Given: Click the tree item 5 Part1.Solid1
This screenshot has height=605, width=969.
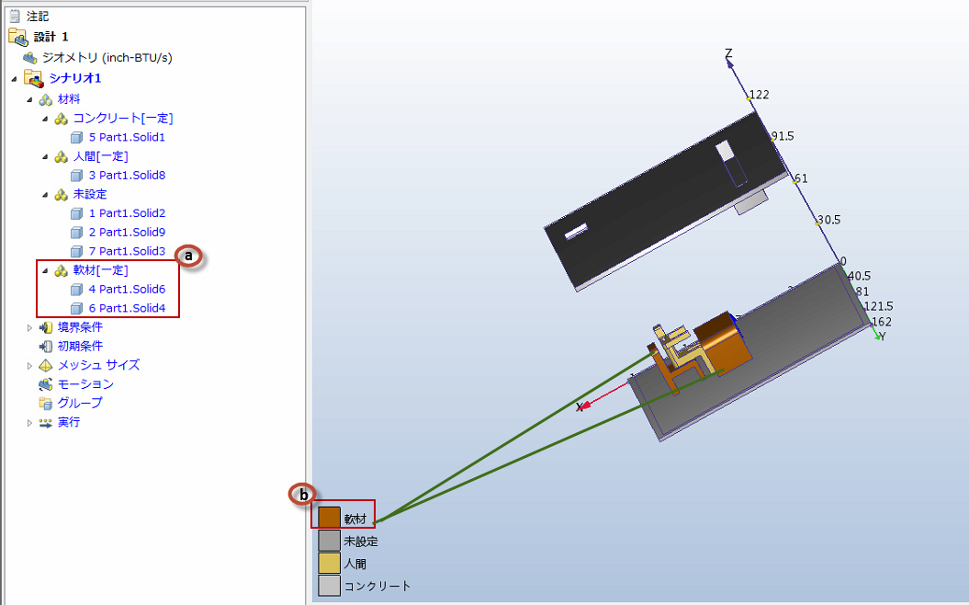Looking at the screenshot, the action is (127, 137).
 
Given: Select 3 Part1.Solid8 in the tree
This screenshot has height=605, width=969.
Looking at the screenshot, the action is (127, 175).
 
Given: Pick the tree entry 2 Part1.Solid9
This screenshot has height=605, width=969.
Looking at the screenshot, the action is (127, 232).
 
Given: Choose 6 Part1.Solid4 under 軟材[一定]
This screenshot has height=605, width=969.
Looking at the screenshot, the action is (127, 308).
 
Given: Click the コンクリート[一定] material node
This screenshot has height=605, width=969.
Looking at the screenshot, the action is (123, 119).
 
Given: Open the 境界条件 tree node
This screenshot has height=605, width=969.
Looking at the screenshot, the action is (80, 327).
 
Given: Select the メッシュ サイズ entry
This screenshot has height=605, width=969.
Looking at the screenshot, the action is (98, 365).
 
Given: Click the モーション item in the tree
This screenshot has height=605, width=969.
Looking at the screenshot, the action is (85, 384).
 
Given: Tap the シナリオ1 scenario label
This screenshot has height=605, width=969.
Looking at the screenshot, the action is (74, 78).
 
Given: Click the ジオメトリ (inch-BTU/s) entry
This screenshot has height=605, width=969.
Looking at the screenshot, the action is (107, 58).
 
